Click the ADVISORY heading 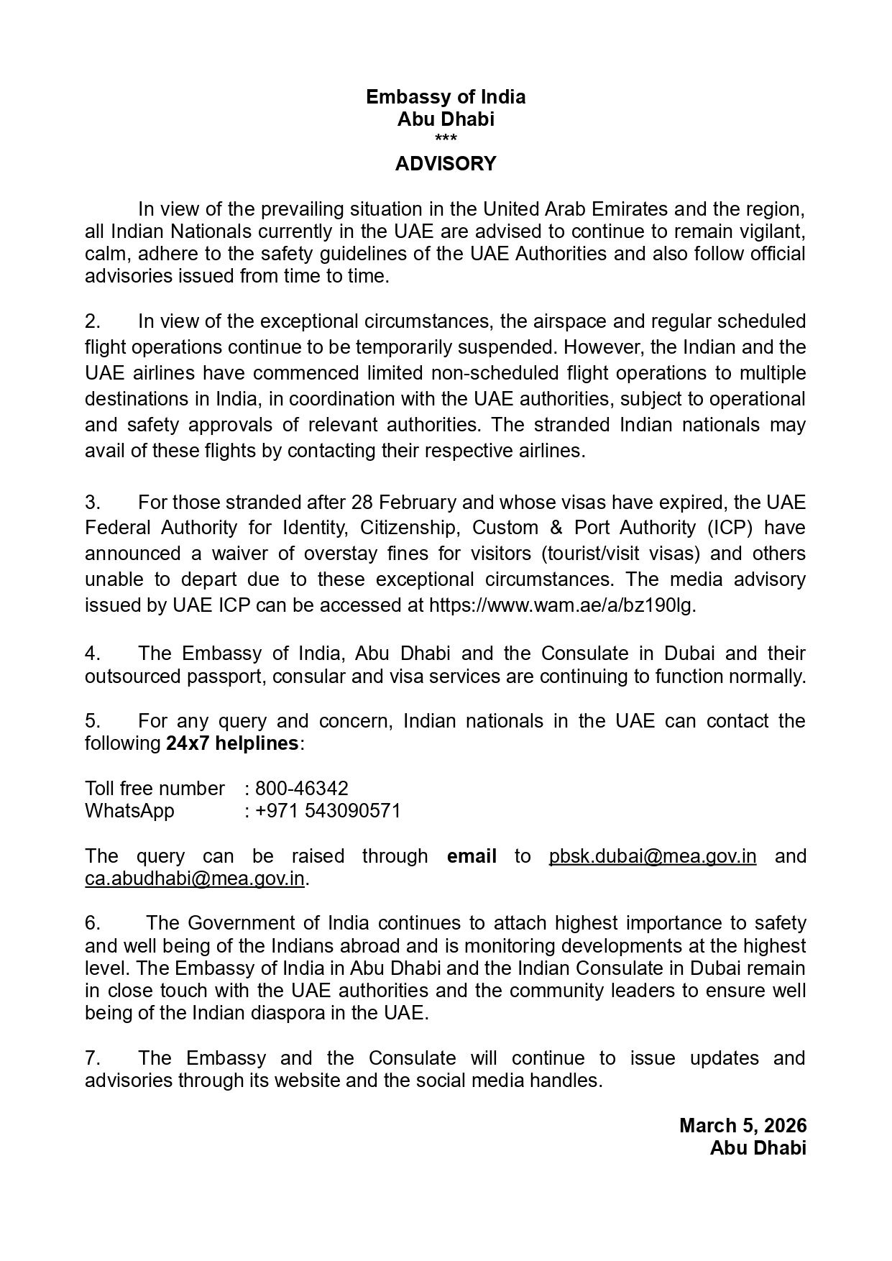click(446, 164)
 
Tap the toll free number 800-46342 click(302, 789)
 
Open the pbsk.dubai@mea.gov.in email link click(652, 856)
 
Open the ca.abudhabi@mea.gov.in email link click(195, 879)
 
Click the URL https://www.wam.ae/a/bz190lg click(561, 605)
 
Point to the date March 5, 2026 click(743, 1126)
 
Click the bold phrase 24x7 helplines click(232, 743)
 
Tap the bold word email click(472, 856)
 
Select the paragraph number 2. click(92, 321)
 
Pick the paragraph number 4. click(92, 654)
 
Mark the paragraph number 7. click(92, 1058)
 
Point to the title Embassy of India click(446, 97)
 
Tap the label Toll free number click(155, 789)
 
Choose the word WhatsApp click(129, 811)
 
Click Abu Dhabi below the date click(758, 1148)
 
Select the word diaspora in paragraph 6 click(285, 1014)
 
